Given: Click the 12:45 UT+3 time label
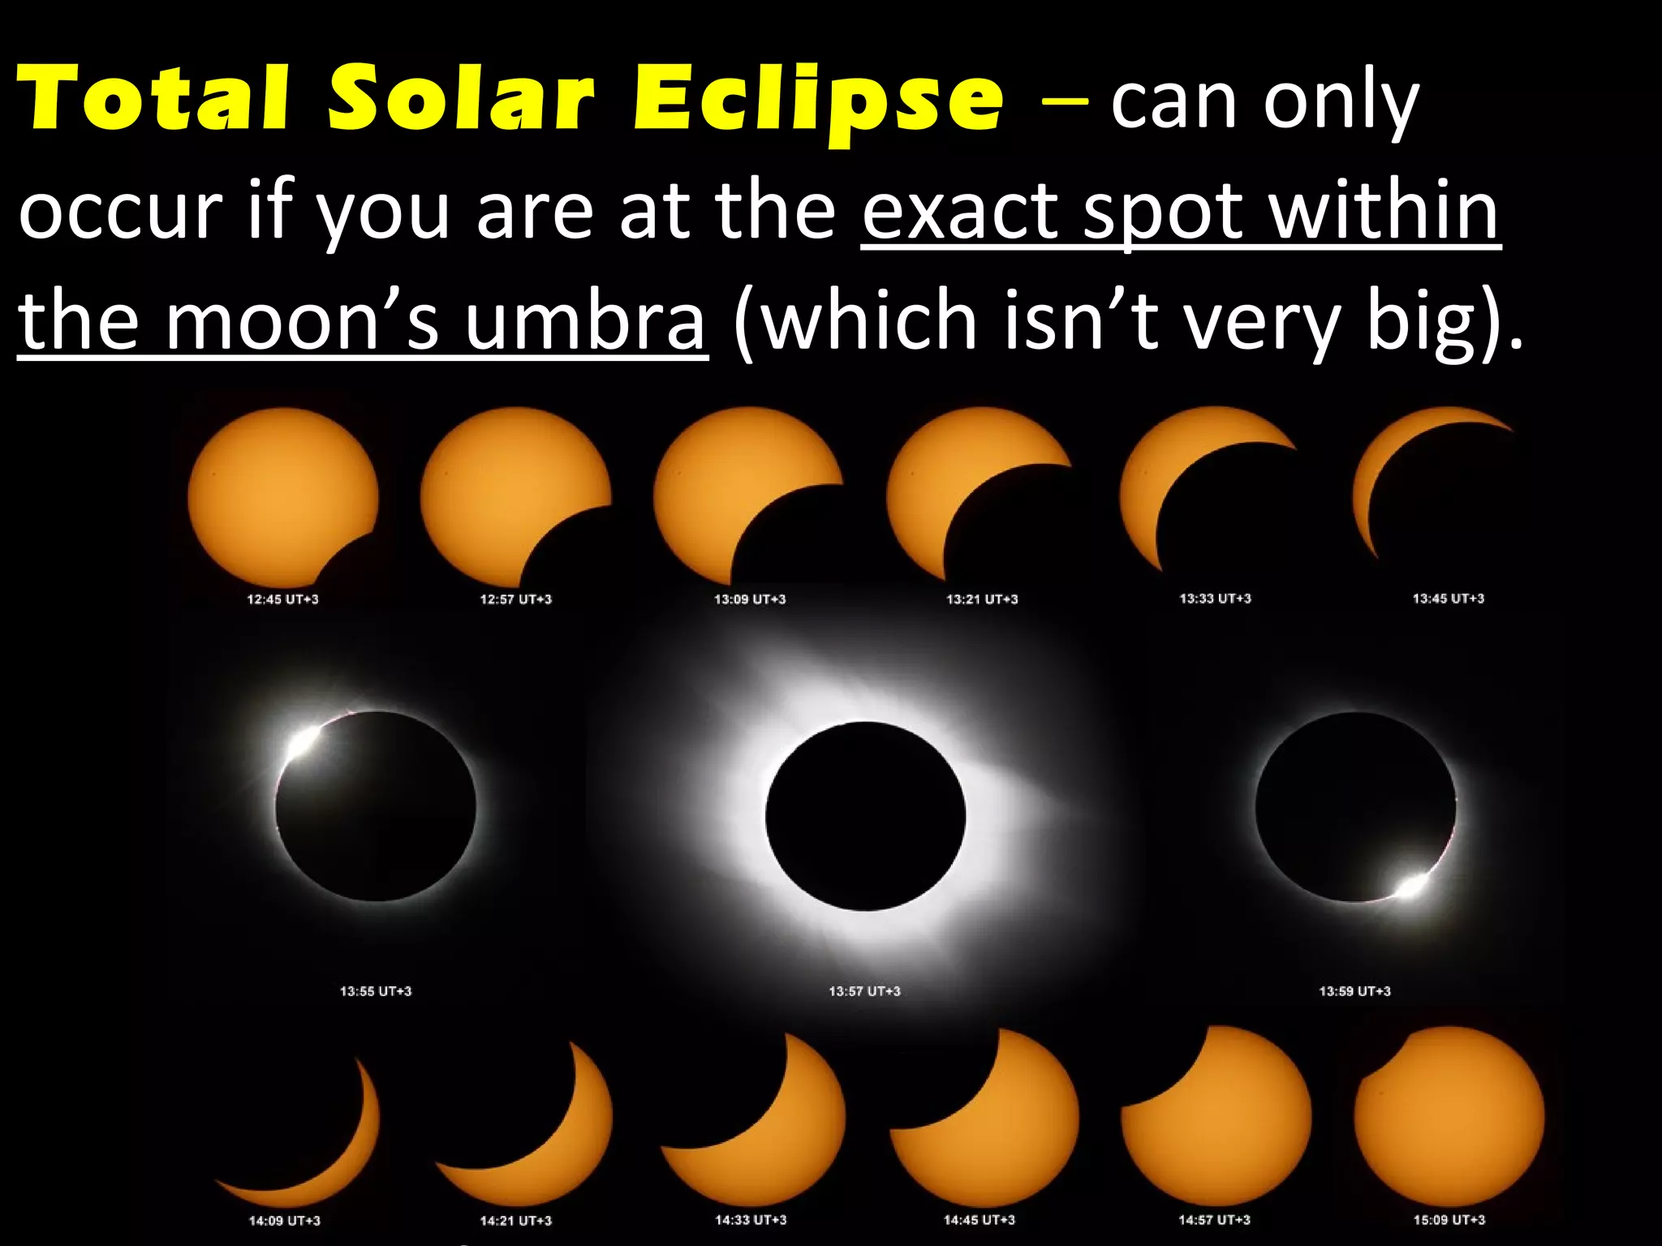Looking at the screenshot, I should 282,599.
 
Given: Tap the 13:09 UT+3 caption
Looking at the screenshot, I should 750,599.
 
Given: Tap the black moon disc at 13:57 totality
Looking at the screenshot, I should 865,815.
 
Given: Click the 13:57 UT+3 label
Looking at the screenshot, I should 864,990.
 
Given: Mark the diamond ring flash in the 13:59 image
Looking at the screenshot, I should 1412,886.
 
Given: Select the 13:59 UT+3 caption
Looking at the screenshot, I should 1354,990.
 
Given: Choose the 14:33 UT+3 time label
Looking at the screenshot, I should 751,1219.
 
